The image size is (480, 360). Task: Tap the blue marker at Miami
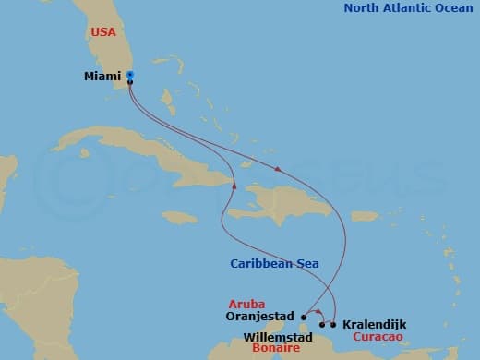130,75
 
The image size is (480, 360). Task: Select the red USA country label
104,32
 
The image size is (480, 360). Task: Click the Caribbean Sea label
274,264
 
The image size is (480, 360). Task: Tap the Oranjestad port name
259,315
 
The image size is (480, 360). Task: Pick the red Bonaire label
276,348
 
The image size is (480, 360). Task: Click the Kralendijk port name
373,325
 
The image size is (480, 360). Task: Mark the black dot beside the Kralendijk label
333,324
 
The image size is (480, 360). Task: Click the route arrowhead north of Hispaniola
278,169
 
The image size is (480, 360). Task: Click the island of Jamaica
181,217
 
